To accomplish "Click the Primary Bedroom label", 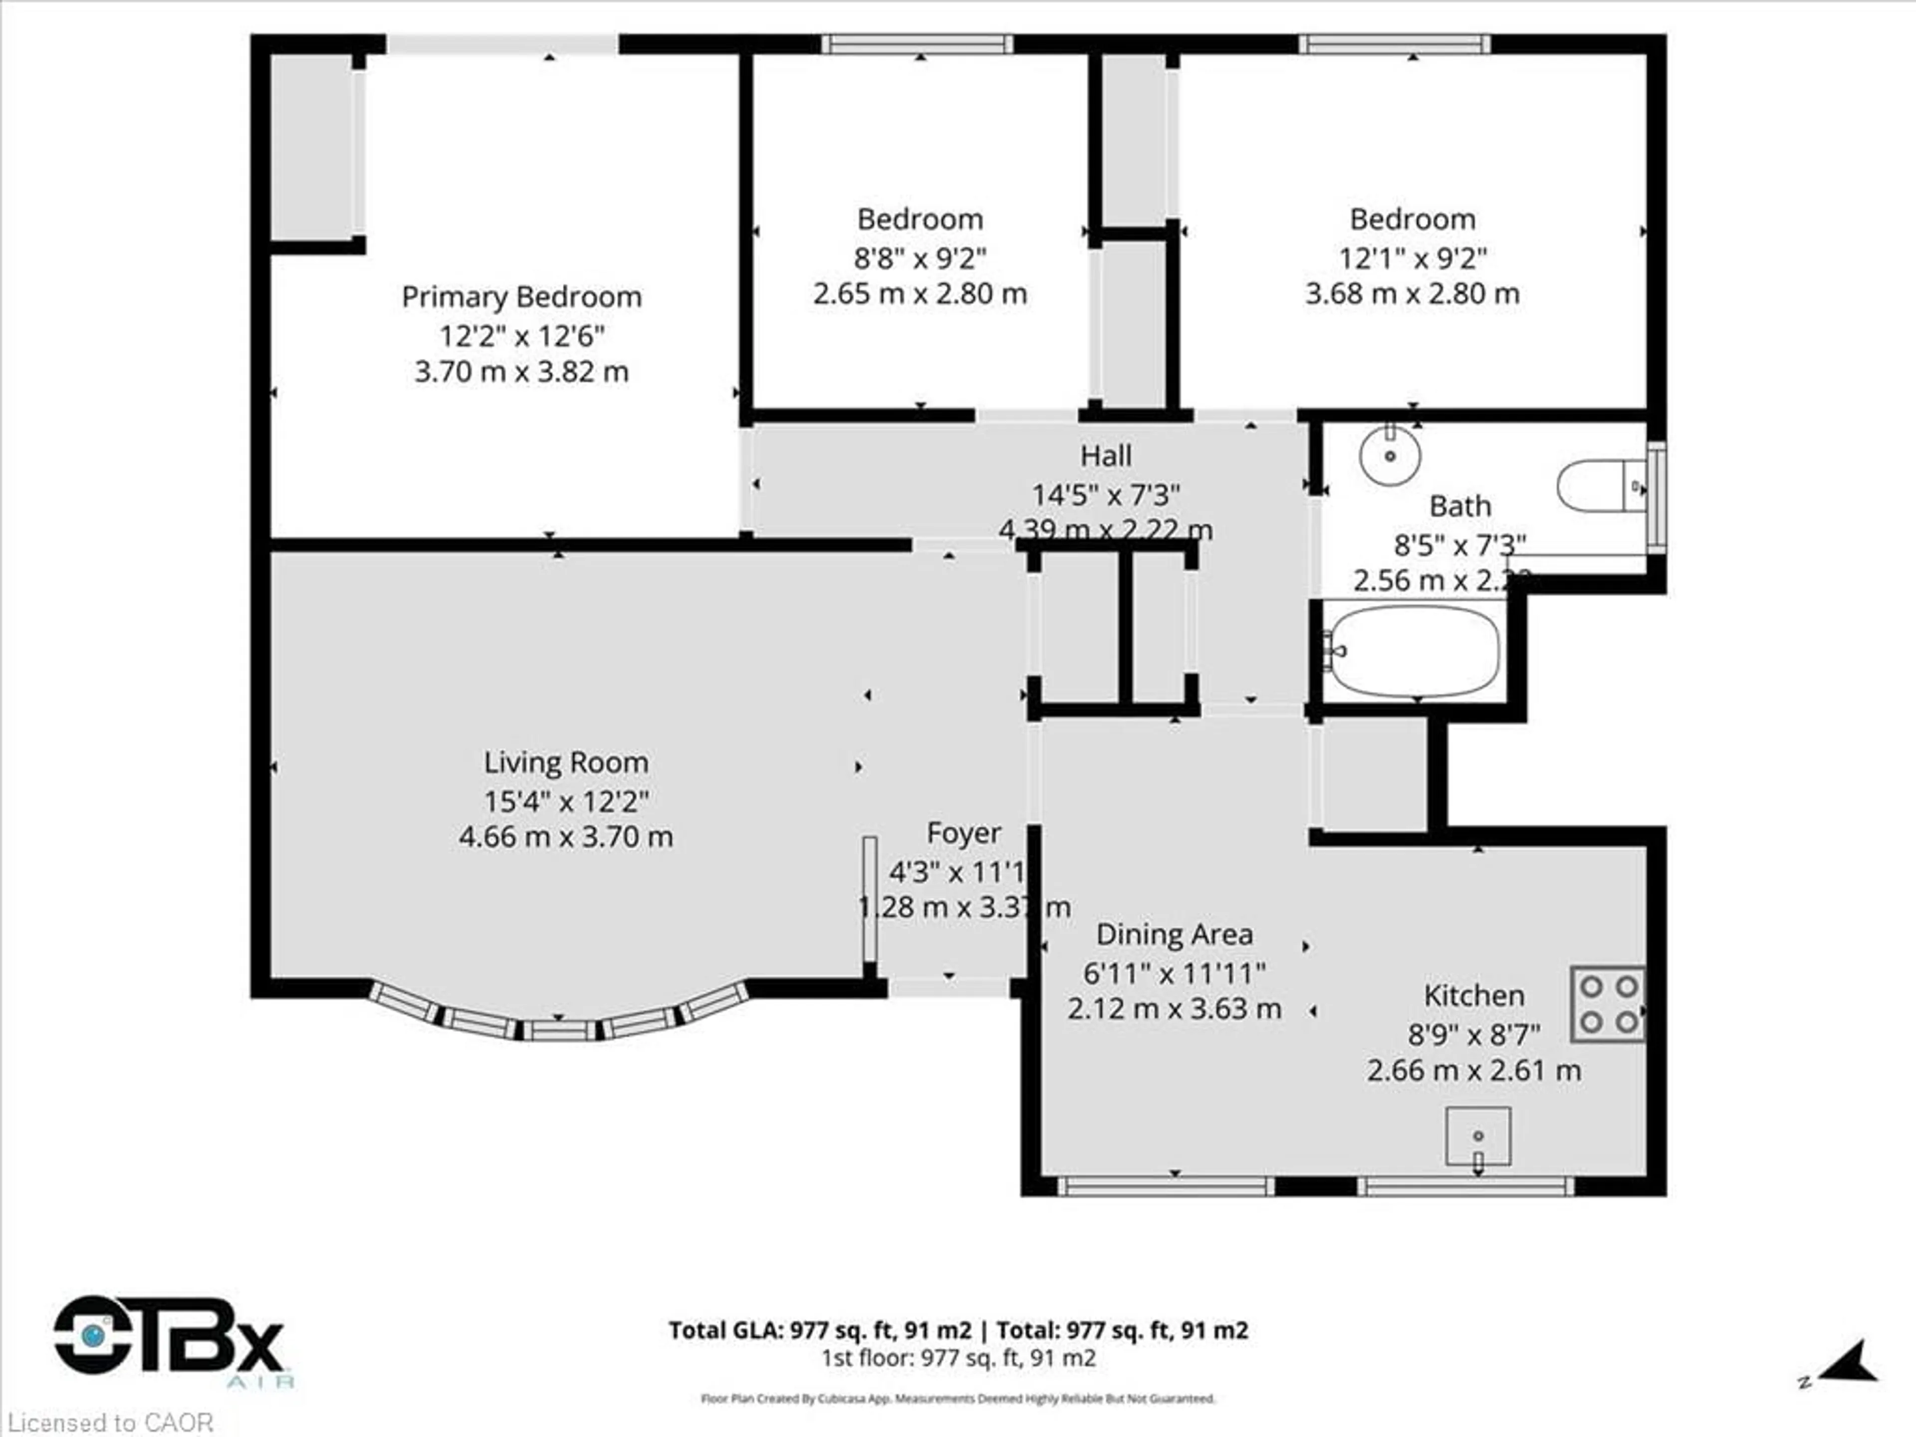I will [521, 297].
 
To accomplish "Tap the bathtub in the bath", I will [1415, 651].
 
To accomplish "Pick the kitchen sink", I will [1478, 1136].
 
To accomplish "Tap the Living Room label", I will [566, 762].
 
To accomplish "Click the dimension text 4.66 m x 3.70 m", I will [566, 837].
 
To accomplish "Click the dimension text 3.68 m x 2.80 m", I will [1412, 293].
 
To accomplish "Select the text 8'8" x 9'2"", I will [920, 258].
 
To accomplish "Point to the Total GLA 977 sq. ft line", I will [958, 1330].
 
